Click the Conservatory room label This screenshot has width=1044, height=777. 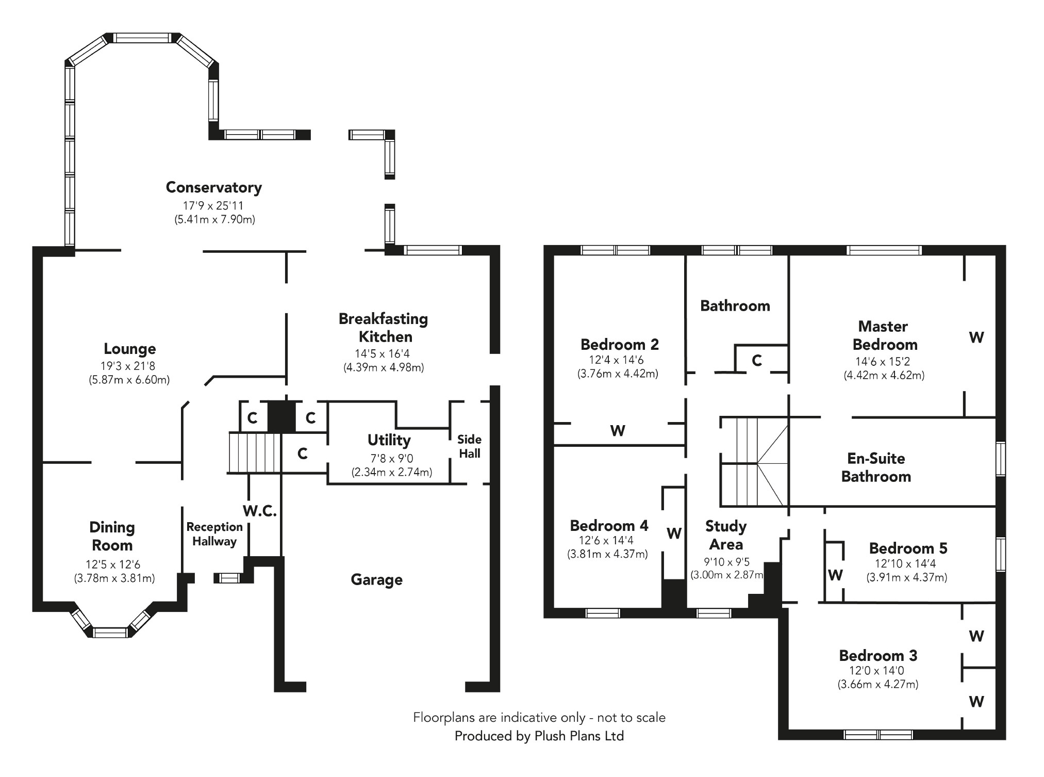pyautogui.click(x=213, y=187)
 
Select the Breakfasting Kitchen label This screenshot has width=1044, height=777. pyautogui.click(x=383, y=328)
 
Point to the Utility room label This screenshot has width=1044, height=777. pyautogui.click(x=389, y=440)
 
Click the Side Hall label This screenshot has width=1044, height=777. pyautogui.click(x=469, y=446)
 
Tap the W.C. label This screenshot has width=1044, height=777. pyautogui.click(x=260, y=511)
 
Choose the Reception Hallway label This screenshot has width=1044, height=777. pyautogui.click(x=214, y=534)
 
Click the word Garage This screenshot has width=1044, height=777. pyautogui.click(x=376, y=579)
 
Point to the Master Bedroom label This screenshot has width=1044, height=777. pyautogui.click(x=884, y=335)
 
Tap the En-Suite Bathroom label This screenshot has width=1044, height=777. pyautogui.click(x=875, y=467)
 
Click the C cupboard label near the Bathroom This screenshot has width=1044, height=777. pyautogui.click(x=756, y=360)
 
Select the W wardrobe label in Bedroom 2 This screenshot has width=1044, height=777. pyautogui.click(x=617, y=430)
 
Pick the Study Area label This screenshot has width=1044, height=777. pyautogui.click(x=725, y=535)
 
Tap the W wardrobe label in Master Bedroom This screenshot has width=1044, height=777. pyautogui.click(x=976, y=337)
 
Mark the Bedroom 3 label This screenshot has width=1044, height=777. pyautogui.click(x=877, y=655)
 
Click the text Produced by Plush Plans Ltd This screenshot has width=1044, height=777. pyautogui.click(x=539, y=736)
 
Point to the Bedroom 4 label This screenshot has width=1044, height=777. pyautogui.click(x=609, y=526)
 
